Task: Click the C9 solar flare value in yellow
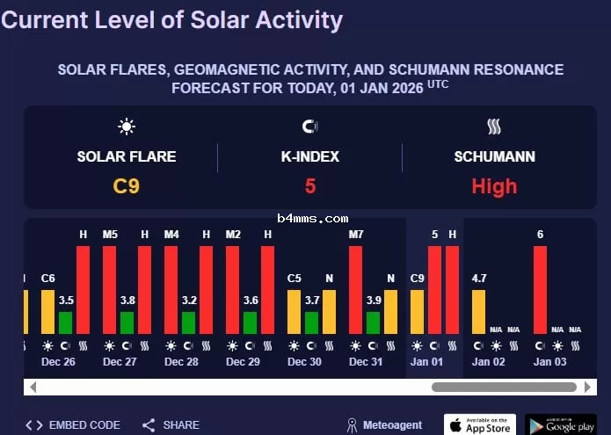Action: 127,186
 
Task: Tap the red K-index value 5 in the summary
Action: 310,186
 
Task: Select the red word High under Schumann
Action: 494,186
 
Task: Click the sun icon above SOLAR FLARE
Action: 127,127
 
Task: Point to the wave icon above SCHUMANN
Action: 494,127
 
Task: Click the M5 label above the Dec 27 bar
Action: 110,235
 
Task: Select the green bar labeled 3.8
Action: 127,323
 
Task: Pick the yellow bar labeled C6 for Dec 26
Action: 48,312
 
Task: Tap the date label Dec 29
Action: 243,362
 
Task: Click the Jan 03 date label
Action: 549,362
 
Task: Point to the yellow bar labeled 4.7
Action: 478,312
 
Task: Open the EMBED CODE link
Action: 73,425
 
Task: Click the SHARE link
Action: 171,425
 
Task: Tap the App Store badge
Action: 480,425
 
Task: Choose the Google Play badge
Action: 561,425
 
